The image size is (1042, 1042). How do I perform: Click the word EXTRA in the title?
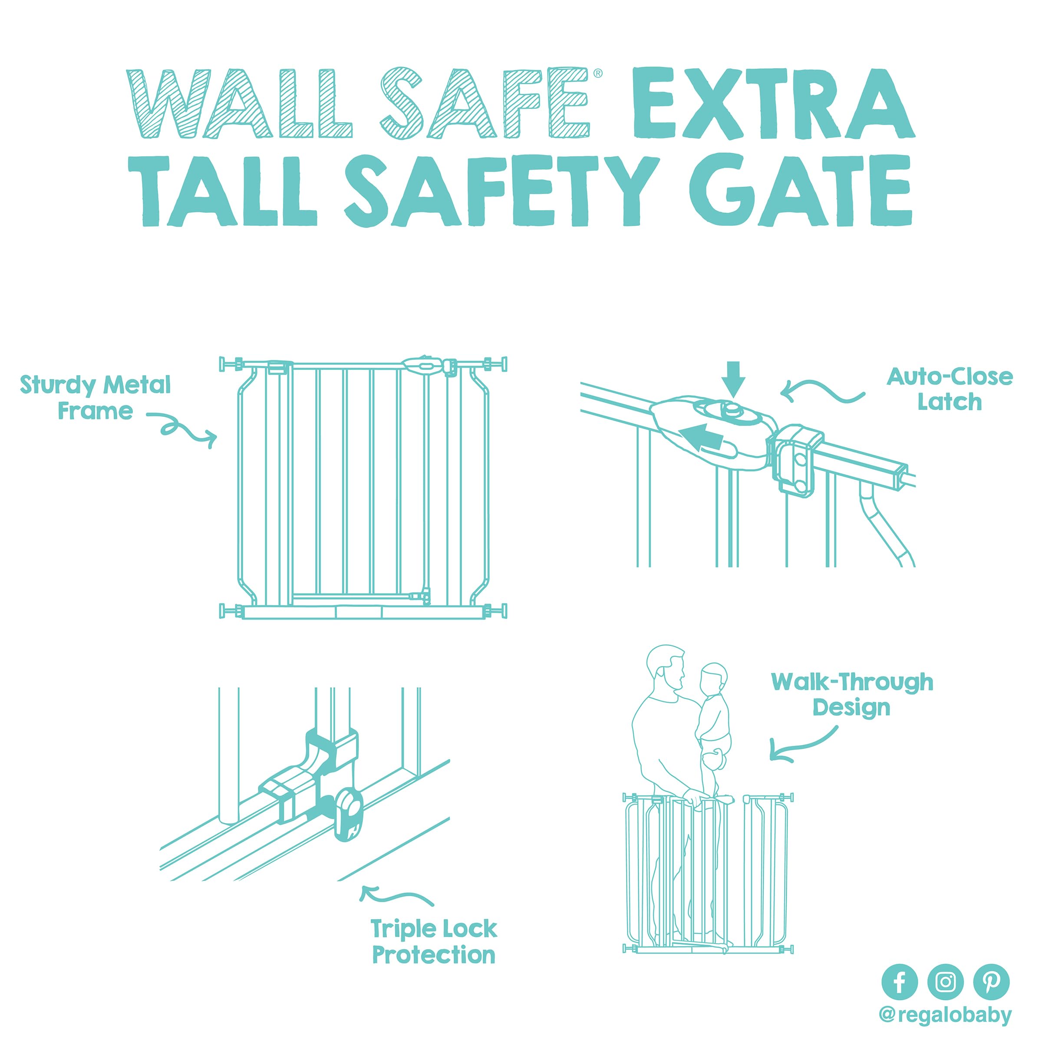[x=773, y=104]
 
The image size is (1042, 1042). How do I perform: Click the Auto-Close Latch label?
[x=950, y=389]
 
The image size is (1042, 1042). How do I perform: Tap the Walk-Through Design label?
[x=852, y=695]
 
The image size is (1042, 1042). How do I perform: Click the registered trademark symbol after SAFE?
[x=597, y=74]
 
